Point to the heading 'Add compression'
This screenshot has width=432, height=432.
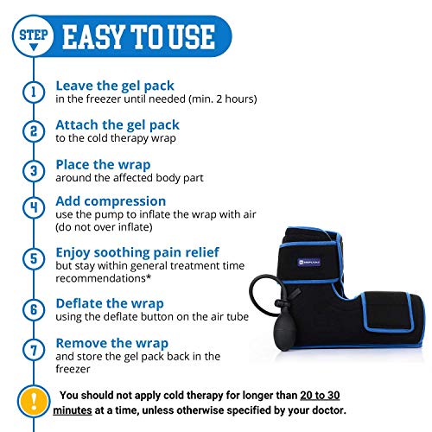110,202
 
